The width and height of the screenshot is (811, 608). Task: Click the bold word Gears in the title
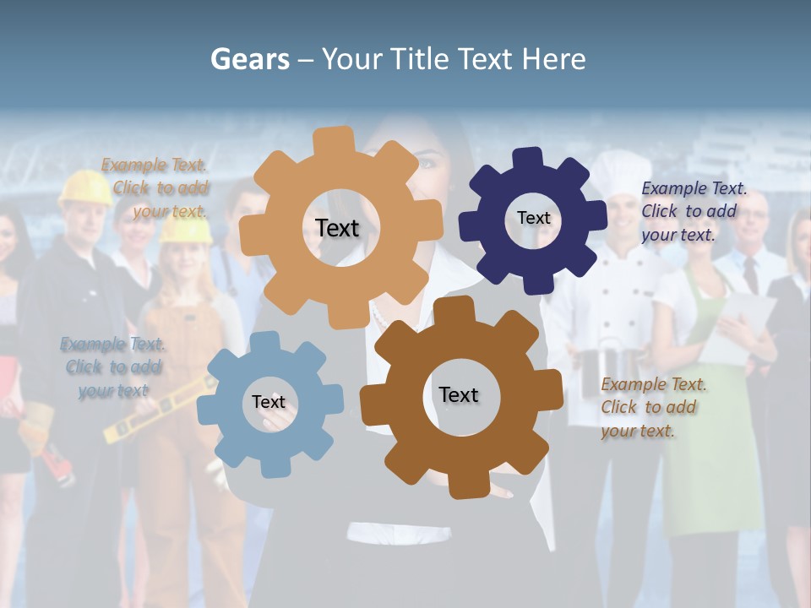(250, 59)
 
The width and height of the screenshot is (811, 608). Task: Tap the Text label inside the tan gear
(337, 228)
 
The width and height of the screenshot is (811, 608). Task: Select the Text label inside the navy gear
(533, 218)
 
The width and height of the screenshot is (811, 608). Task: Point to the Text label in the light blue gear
(269, 402)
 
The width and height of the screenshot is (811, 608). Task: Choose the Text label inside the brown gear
(459, 394)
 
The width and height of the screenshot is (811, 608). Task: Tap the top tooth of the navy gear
(527, 159)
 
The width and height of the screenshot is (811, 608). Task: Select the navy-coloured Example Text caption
(693, 211)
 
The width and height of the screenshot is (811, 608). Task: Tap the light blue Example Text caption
(113, 367)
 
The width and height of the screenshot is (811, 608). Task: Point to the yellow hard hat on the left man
(84, 187)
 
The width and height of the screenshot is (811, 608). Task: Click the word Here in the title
(553, 59)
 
